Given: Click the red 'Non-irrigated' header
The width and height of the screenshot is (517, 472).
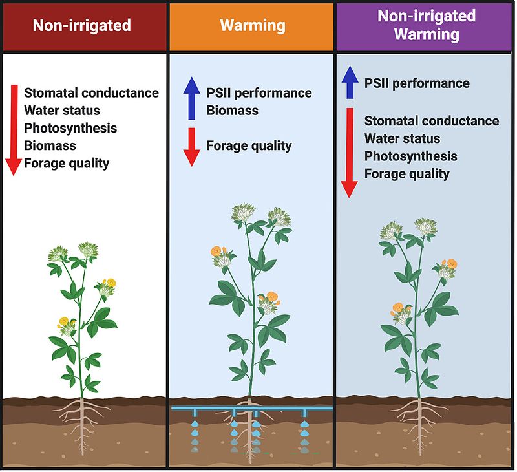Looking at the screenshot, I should [82, 26].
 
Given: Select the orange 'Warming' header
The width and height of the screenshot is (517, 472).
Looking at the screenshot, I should [252, 26].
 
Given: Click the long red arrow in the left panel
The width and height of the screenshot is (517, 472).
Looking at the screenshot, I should [14, 129].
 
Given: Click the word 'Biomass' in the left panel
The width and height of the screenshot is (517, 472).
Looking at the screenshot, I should [50, 145].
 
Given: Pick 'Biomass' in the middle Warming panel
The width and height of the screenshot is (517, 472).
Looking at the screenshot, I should [232, 111].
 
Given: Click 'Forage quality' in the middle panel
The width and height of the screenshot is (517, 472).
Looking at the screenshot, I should [249, 145].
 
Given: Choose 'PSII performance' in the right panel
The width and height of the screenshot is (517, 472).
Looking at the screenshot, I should [417, 83].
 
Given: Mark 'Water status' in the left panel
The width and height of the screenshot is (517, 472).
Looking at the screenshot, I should [62, 111].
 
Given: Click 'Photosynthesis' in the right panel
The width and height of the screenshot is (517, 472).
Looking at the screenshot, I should [410, 156].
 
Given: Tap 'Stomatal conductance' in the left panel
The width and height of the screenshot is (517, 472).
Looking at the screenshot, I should [91, 92].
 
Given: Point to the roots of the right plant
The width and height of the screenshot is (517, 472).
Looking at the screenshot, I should [423, 417].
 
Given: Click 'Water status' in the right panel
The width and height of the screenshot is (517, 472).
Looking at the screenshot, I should [402, 138].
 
